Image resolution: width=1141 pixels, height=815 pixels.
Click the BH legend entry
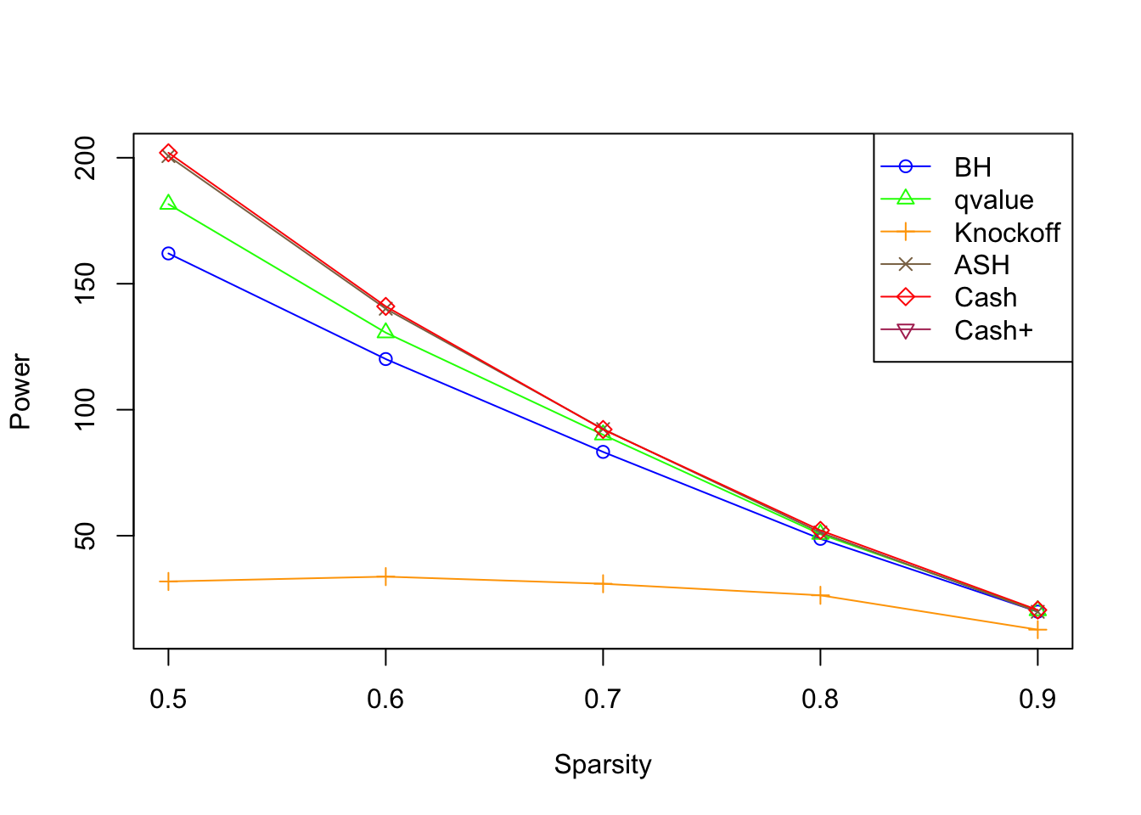972,167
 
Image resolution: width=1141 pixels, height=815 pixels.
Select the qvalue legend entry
993,200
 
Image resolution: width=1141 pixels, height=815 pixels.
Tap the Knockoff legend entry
1007,233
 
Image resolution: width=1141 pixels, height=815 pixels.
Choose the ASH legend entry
981,265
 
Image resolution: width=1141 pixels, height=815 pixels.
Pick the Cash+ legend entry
993,330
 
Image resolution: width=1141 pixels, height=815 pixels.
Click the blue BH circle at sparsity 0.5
168,253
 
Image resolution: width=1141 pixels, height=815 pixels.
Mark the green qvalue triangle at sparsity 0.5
168,203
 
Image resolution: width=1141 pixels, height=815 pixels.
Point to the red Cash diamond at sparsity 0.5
168,153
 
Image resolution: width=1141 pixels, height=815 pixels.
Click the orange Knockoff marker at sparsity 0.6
385,576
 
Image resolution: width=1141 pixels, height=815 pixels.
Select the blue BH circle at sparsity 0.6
385,359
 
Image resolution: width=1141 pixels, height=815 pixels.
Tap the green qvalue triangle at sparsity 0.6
385,331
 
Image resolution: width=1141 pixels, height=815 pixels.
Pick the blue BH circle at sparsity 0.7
603,452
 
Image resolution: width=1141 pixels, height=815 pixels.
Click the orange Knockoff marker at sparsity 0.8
820,595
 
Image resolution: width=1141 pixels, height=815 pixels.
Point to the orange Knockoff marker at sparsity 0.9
1037,629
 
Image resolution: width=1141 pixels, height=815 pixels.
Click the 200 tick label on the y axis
87,158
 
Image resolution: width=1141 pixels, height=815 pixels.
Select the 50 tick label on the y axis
87,536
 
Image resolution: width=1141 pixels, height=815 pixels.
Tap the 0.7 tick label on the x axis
603,699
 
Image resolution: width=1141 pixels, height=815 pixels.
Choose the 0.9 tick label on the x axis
1037,699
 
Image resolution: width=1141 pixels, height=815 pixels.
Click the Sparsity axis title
603,764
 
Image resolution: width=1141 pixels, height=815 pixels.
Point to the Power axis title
20,391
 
